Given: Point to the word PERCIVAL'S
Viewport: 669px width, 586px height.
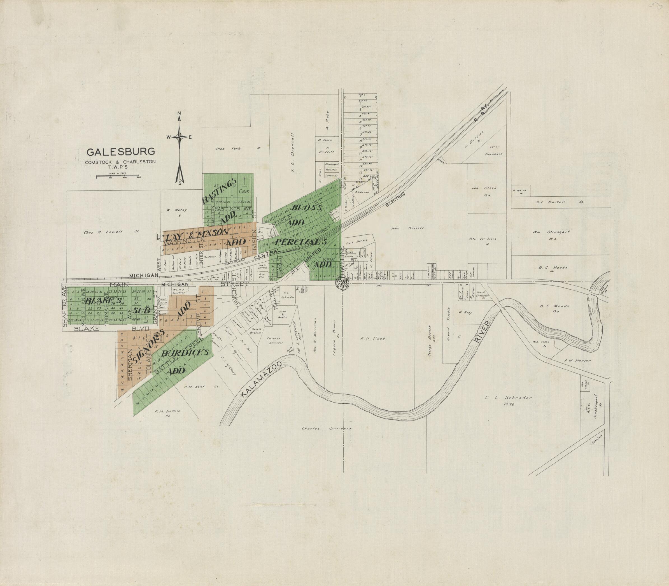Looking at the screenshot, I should click(301, 242).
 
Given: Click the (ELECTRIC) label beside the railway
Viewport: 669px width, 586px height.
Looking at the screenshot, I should click(395, 199).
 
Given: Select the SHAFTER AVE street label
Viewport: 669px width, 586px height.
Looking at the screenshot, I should click(64, 306).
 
